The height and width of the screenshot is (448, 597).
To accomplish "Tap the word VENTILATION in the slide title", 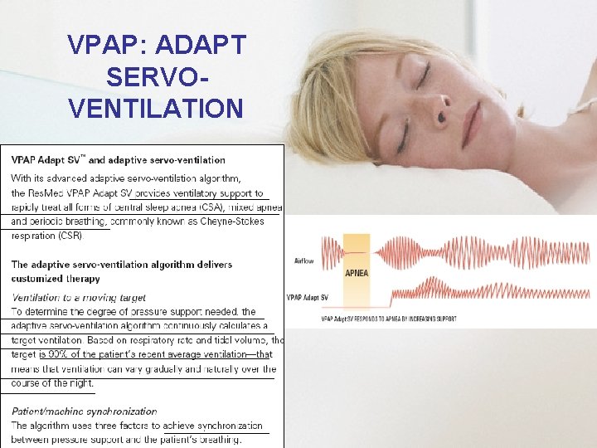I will pos(157,107).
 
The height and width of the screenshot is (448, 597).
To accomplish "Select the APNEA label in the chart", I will pos(357,272).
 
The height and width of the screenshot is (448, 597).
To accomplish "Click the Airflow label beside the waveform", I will pos(304,260).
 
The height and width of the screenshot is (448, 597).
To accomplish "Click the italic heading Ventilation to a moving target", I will pos(79,297).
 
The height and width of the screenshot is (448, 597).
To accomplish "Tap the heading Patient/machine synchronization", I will pos(84,411).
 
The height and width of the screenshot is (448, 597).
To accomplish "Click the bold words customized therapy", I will pos(56,279).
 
